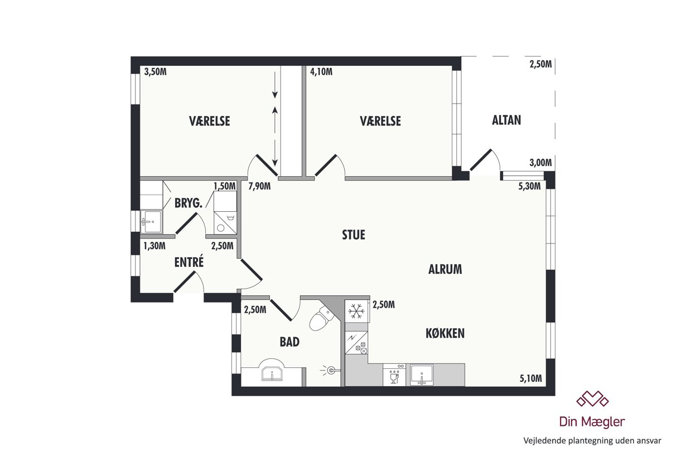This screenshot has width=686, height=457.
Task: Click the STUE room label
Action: [354, 235]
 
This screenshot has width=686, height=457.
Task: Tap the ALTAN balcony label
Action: [506, 120]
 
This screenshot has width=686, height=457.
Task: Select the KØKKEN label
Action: [445, 333]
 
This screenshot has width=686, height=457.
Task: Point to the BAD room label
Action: [289, 342]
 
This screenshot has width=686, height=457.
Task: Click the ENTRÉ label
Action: [189, 262]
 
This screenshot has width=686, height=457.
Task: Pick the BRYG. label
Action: [189, 203]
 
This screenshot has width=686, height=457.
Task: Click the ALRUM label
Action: [445, 269]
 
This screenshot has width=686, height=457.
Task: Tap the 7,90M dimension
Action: [259, 186]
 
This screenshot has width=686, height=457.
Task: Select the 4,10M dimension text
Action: [321, 72]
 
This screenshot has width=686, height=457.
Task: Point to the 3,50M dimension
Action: [155, 72]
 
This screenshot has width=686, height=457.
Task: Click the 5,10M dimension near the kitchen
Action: [530, 378]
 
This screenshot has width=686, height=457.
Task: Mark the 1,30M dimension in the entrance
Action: [154, 245]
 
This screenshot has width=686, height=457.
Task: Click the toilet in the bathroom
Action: [322, 318]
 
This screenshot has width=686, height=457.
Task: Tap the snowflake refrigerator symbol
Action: [357, 311]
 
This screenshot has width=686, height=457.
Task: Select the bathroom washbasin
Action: [272, 371]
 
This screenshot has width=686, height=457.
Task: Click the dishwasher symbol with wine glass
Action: [394, 375]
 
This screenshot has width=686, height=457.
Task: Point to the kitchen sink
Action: [422, 375]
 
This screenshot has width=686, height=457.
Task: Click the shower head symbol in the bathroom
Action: [330, 371]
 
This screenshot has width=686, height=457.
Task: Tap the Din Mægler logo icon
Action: [592, 399]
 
